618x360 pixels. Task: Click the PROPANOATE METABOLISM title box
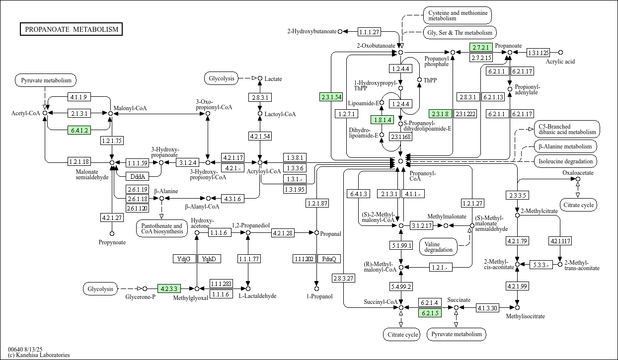pyautogui.click(x=72, y=29)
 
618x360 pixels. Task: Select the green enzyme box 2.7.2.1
pyautogui.click(x=481, y=48)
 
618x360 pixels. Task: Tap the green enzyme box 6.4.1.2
pyautogui.click(x=79, y=131)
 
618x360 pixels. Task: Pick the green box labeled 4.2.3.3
pyautogui.click(x=169, y=288)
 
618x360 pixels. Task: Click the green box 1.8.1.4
pyautogui.click(x=382, y=120)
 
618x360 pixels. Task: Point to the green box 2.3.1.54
pyautogui.click(x=331, y=97)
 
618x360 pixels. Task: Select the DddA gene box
pyautogui.click(x=137, y=176)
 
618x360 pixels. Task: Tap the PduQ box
pyautogui.click(x=329, y=259)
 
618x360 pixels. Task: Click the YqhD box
pyautogui.click(x=209, y=259)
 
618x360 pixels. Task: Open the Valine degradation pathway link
pyautogui.click(x=439, y=246)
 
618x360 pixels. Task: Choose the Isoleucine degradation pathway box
pyautogui.click(x=565, y=161)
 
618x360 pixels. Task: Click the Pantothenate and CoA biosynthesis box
pyautogui.click(x=161, y=228)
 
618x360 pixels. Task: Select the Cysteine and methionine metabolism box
pyautogui.click(x=458, y=15)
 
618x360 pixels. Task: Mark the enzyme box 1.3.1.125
pyautogui.click(x=538, y=53)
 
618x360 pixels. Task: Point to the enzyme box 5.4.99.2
pyautogui.click(x=401, y=287)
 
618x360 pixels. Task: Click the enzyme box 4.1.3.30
pyautogui.click(x=487, y=308)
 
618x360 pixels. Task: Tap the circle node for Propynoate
pyautogui.click(x=112, y=233)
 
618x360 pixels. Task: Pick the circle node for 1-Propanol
pyautogui.click(x=316, y=288)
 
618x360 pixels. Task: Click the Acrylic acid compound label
pyautogui.click(x=560, y=62)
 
